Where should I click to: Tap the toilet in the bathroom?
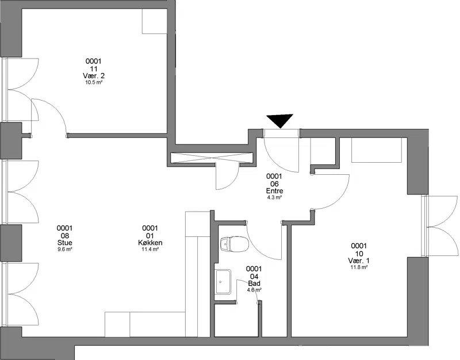234,244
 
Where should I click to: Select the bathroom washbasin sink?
224,282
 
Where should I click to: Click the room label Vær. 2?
94,76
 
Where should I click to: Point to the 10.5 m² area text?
94,82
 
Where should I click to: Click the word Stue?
64,243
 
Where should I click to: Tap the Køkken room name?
150,243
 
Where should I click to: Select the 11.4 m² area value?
150,250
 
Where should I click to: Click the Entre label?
274,191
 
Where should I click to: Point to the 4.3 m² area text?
274,197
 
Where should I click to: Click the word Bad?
254,284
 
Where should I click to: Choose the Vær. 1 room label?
359,261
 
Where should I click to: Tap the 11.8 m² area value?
359,267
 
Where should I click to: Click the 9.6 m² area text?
64,250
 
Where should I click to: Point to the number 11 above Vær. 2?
94,69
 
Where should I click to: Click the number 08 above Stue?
64,236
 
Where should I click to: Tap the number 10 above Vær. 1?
359,254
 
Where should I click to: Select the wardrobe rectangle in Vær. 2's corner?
155,21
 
